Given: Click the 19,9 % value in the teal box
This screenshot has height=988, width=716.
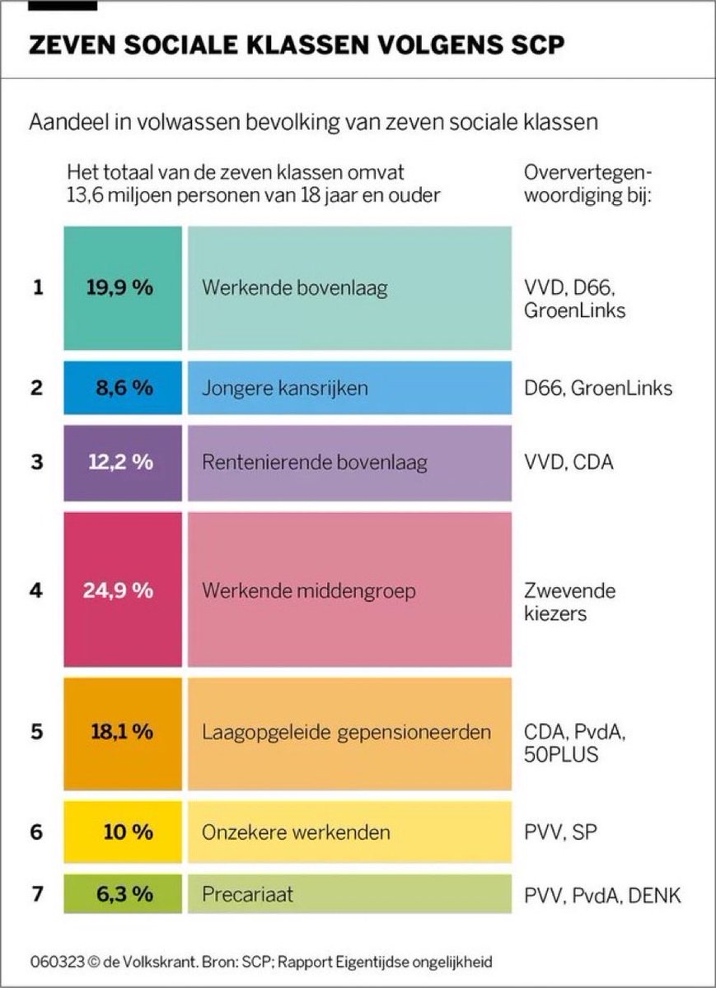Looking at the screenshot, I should click(x=119, y=288).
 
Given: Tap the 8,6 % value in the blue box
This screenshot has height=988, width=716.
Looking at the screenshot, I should click(x=119, y=387).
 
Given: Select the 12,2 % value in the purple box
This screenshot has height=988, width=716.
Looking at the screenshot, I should click(x=119, y=462).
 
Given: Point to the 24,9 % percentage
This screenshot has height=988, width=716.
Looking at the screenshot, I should click(x=118, y=590).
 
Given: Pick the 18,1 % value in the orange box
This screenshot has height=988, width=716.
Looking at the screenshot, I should click(x=119, y=732).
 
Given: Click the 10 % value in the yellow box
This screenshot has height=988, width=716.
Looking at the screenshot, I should click(x=128, y=832).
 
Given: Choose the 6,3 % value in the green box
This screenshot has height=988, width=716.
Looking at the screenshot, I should click(x=119, y=894).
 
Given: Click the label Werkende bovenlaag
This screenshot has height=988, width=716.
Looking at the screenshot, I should click(x=294, y=288).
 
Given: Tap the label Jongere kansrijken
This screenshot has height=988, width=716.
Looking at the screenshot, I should click(x=284, y=387).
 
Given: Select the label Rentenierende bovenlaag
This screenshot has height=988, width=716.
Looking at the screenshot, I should click(x=314, y=462).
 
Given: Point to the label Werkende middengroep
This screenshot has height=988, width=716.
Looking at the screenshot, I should click(x=308, y=590).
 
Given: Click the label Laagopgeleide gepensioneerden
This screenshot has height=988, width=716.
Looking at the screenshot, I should click(x=346, y=732).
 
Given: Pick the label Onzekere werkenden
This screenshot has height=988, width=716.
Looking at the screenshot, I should click(x=295, y=832).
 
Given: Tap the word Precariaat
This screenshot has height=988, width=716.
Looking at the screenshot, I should click(x=247, y=894).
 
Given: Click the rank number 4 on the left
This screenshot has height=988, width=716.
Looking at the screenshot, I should click(x=35, y=590).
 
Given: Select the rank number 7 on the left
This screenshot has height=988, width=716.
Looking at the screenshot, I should click(x=35, y=894).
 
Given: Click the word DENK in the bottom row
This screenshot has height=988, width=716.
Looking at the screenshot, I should click(x=655, y=895).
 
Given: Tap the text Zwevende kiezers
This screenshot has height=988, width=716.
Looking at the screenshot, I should click(x=569, y=602).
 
